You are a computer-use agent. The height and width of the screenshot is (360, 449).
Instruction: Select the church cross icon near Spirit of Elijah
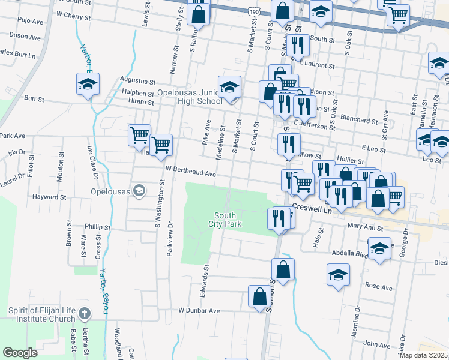coord(85,314)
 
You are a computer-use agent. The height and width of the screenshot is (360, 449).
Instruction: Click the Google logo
coord(20,353)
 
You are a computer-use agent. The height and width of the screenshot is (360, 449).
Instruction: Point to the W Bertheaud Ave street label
coord(191,173)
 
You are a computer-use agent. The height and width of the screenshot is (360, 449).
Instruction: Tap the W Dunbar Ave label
coord(199,311)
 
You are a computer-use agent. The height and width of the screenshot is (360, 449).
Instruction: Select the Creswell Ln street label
coord(312,206)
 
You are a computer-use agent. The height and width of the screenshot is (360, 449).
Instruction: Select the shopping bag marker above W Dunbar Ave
coord(259,296)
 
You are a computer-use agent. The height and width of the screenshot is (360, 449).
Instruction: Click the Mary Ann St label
coord(365,227)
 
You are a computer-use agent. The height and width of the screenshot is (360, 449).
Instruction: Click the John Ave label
coord(377,344)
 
